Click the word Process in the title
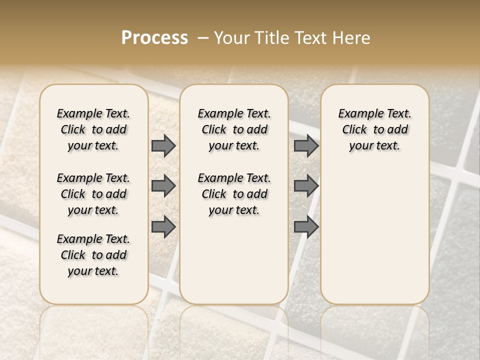(154, 38)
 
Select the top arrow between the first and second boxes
(163, 146)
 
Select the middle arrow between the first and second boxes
(163, 186)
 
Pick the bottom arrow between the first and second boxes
(163, 227)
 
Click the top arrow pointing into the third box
(306, 146)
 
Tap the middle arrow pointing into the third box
(306, 186)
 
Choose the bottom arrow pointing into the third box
(306, 227)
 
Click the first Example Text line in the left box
(93, 113)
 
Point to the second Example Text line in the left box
(93, 178)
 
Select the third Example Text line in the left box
(93, 239)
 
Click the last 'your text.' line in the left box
(93, 271)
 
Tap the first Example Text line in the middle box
(234, 113)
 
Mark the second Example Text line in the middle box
(234, 178)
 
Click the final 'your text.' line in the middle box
(234, 210)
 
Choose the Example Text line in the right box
(374, 113)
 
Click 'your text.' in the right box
(374, 145)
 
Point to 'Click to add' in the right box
(374, 129)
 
